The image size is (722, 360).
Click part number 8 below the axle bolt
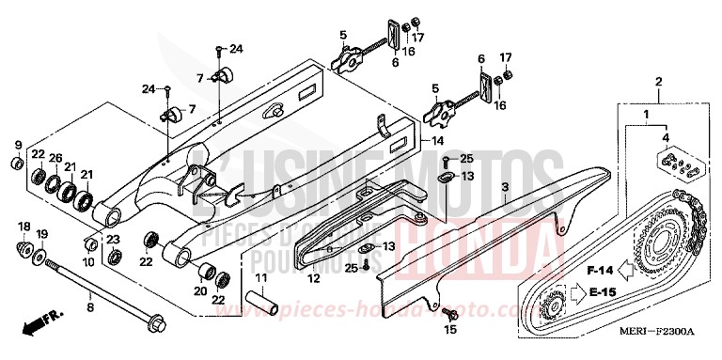(x=90, y=306)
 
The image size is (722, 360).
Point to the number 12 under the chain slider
(x=314, y=279)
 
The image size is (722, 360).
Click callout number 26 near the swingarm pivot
(x=55, y=155)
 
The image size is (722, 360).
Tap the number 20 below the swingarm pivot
(x=198, y=290)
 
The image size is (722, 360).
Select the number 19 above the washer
(x=40, y=233)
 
